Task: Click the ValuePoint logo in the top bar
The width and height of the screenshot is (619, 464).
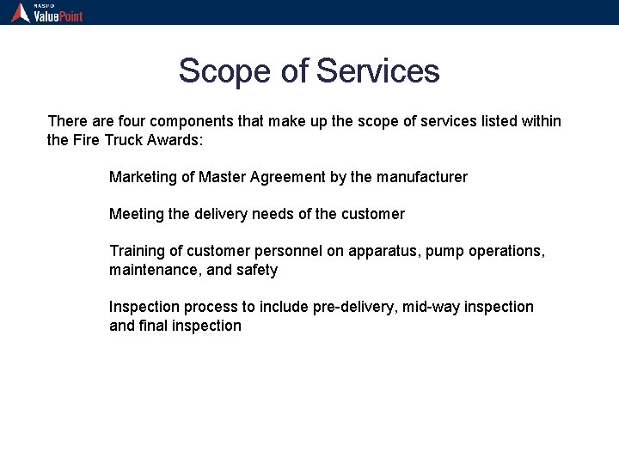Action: coord(46,12)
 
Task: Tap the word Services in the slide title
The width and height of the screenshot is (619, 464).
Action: coord(377,71)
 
